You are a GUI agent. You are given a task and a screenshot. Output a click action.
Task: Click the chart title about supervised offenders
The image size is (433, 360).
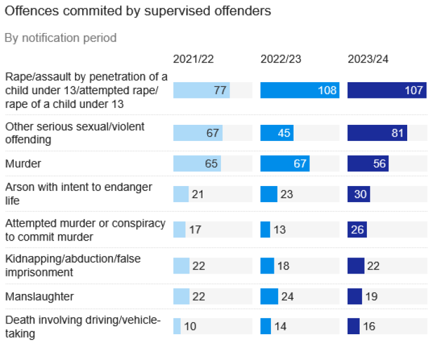[138, 11]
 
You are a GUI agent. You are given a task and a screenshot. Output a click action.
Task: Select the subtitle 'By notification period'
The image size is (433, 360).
[61, 38]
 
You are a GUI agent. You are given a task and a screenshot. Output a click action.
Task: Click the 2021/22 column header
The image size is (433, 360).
[193, 59]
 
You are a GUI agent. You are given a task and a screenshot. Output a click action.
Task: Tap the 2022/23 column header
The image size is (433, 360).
[280, 59]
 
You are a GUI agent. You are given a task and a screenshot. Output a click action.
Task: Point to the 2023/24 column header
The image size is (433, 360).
[368, 59]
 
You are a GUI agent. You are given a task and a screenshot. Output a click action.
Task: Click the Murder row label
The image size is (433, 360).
[22, 163]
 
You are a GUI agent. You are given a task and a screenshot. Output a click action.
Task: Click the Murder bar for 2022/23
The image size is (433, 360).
[285, 163]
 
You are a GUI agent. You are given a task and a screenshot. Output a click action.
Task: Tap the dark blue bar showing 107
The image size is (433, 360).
[387, 91]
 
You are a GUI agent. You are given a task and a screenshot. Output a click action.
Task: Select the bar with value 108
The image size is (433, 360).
[300, 91]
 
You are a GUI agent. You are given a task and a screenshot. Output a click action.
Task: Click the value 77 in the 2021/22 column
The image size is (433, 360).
[220, 91]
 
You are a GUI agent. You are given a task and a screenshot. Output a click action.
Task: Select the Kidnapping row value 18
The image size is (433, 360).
[283, 266]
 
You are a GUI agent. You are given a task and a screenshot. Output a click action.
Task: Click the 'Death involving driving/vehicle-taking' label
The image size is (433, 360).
[83, 326]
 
